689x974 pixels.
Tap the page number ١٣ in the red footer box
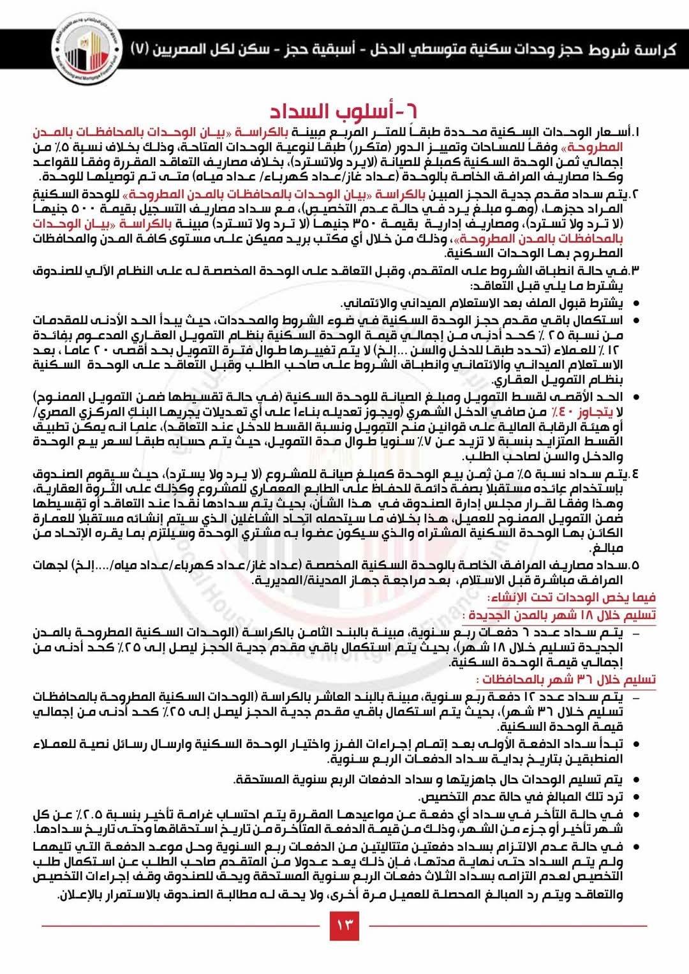tap(344, 925)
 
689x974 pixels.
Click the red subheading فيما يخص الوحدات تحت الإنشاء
tap(572, 597)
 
